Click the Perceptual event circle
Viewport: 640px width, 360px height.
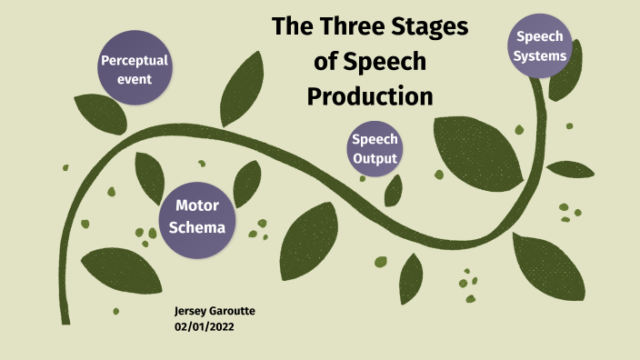[135, 70]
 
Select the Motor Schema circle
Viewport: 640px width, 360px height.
[196, 217]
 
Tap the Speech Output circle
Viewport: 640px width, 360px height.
[375, 150]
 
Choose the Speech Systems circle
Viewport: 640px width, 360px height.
[541, 46]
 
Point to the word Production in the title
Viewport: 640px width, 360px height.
[369, 95]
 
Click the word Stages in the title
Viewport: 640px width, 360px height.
[435, 27]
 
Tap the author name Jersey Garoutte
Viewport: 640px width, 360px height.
[215, 312]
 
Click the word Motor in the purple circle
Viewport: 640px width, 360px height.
[196, 206]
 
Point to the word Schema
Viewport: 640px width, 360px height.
[196, 227]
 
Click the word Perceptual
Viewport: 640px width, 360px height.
[135, 61]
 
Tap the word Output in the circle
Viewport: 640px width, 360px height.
[375, 159]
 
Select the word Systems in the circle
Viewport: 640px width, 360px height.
[541, 55]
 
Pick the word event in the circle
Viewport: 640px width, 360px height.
[135, 79]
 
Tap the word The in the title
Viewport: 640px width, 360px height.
[293, 27]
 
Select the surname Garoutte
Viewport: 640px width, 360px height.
[233, 312]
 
